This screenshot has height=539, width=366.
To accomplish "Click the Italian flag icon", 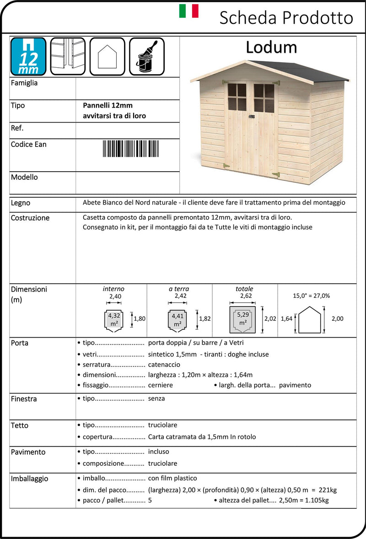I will (x=188, y=11).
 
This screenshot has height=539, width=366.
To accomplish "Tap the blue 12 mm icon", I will (x=28, y=56).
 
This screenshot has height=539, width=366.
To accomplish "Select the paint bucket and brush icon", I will (x=147, y=56).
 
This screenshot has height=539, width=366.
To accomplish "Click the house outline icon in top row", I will (x=107, y=56).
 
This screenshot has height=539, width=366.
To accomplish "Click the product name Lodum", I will (x=271, y=47).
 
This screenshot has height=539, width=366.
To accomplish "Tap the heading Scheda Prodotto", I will (x=286, y=18).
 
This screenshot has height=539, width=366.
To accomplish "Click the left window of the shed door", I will (x=237, y=97).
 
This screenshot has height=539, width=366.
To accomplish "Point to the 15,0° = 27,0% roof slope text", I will (x=311, y=296).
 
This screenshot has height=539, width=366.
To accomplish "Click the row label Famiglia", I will (x=24, y=83).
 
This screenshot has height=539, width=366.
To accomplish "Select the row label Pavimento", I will (x=28, y=452).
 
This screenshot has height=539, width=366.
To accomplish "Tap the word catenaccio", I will (x=164, y=365).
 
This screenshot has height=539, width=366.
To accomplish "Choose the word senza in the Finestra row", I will (x=156, y=399).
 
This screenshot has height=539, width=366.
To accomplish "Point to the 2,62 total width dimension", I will (x=246, y=296).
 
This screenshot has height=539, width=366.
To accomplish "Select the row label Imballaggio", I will (x=29, y=479).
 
